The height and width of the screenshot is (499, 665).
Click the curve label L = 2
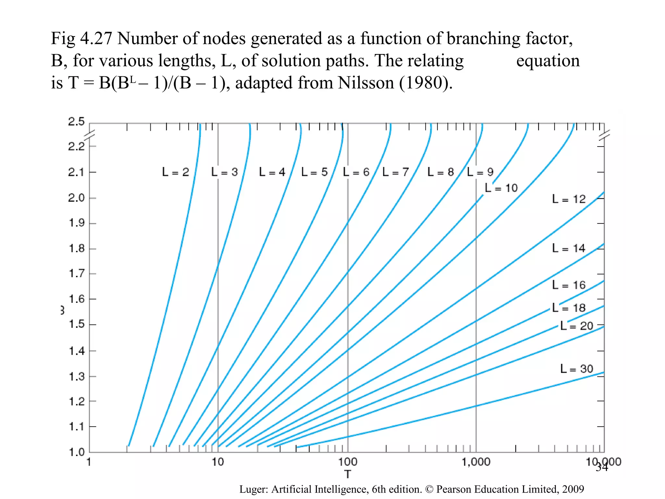tap(175, 172)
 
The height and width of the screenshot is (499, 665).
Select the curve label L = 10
tap(501, 188)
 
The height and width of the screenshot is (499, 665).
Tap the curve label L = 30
tap(577, 369)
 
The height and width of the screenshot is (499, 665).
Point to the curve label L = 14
tap(569, 248)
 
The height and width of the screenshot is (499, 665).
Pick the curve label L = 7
tap(395, 172)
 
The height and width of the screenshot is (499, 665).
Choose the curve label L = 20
tap(577, 326)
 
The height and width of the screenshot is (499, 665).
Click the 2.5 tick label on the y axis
tap(76, 122)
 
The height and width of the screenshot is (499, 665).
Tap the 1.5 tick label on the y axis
tap(77, 324)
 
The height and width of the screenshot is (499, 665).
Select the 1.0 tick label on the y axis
tap(77, 452)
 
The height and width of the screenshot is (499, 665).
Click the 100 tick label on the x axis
tap(347, 462)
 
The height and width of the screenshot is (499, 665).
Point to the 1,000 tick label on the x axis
tap(476, 462)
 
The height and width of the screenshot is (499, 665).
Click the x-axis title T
tap(348, 474)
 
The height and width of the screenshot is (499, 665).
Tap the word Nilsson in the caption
tap(366, 83)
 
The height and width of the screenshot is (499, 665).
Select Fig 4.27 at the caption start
tap(81, 39)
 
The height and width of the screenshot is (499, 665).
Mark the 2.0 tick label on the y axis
tap(76, 198)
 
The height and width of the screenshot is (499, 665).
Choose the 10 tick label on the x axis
tap(218, 462)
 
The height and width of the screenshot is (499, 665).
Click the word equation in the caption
tap(548, 61)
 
